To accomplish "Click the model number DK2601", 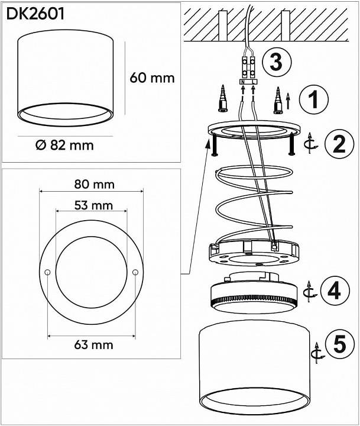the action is (35, 14).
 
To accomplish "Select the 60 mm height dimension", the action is (152, 78).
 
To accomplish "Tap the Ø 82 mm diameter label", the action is (64, 145).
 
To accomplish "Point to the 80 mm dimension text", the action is (95, 185).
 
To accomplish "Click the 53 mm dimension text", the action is (93, 205).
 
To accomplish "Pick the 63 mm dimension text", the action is (93, 345).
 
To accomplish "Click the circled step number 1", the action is (313, 99).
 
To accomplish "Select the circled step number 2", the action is (339, 144).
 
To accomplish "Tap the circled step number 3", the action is (277, 62).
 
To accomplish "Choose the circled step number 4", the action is (335, 291).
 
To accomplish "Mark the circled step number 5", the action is (340, 344).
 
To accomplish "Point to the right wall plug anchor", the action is (278, 100).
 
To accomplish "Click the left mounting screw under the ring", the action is (214, 146).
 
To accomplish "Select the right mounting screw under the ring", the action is (292, 144).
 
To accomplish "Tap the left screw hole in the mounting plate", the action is (47, 272).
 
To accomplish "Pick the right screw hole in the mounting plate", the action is (135, 272).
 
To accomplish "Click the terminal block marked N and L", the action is (248, 82).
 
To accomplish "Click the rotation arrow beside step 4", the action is (310, 292).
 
